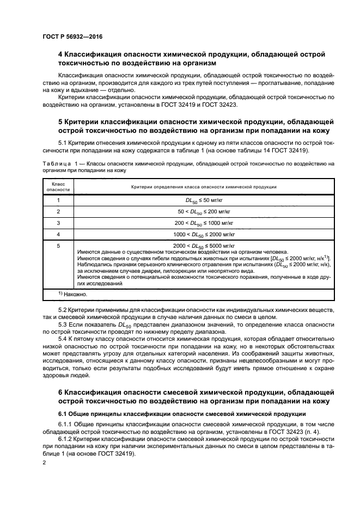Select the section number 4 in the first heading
point(60,55)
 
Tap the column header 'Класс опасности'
point(58,187)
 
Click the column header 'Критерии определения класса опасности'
point(204,187)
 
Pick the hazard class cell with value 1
point(58,200)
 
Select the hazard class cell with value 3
point(58,223)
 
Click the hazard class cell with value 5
point(58,246)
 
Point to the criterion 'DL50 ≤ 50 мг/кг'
point(204,200)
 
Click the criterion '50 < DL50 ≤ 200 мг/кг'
point(204,211)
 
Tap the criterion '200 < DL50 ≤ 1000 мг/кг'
point(204,223)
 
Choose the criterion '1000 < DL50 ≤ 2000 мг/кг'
point(204,234)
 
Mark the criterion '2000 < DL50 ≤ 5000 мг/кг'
point(204,246)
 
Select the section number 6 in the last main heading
point(60,393)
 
